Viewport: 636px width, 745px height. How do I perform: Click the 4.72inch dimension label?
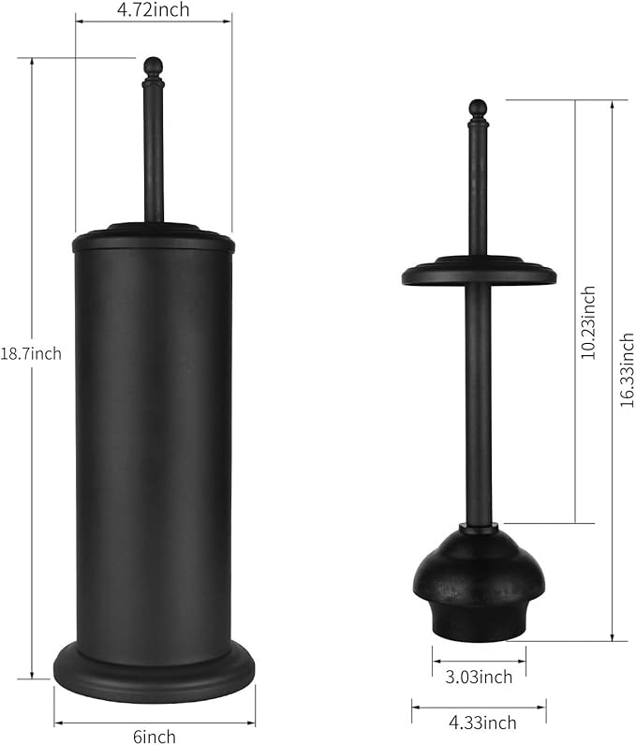[x=153, y=9]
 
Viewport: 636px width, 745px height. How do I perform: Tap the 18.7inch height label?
[x=31, y=353]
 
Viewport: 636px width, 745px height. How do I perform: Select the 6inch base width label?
[x=155, y=737]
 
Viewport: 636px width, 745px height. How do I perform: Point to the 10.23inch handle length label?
[x=588, y=322]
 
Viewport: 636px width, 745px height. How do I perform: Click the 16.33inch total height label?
[x=627, y=369]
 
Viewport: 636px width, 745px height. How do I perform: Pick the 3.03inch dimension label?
[x=479, y=677]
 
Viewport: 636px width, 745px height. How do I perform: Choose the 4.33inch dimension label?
[x=482, y=723]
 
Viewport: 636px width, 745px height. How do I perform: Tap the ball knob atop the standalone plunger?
[x=478, y=109]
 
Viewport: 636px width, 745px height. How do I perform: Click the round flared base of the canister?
[x=155, y=671]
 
